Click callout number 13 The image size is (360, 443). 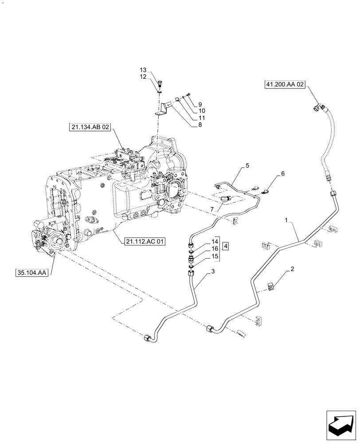click(x=143, y=70)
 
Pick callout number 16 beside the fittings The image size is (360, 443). click(x=215, y=249)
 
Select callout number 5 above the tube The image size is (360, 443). click(x=247, y=166)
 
